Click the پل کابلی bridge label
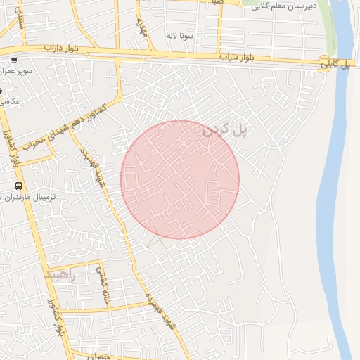point(335,64)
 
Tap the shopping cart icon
point(14,60)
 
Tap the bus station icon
point(18,186)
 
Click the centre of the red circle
point(180,179)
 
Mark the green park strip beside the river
point(328,28)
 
